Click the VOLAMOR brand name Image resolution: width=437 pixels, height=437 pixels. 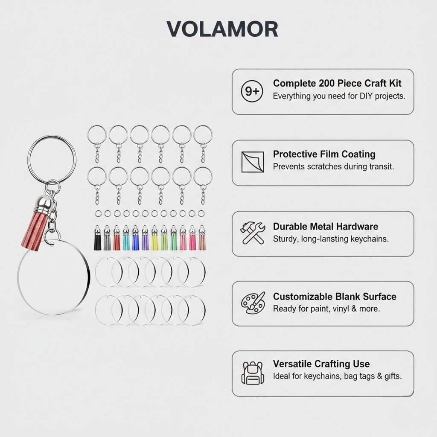pos(222,29)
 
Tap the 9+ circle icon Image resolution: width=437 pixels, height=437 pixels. pos(252,91)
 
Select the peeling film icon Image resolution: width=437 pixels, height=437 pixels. pos(253,162)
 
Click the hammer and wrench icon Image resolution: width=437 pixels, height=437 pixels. pos(253,233)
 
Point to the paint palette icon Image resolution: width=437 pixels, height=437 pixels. pos(253,303)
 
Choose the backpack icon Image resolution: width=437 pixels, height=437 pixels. pos(253,373)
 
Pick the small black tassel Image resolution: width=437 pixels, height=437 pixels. pos(98,238)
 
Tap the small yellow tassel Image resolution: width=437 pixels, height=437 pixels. pos(154,238)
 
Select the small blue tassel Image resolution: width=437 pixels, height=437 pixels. pos(135,238)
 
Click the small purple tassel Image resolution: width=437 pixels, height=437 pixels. pos(145,238)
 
